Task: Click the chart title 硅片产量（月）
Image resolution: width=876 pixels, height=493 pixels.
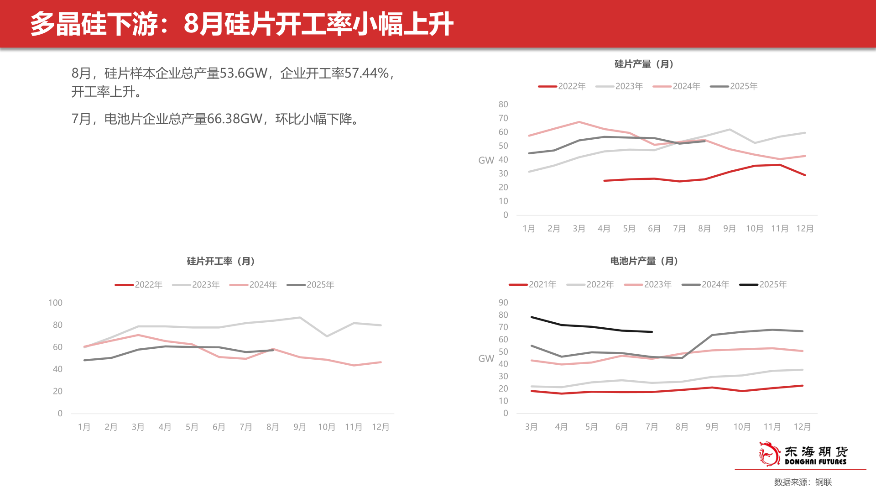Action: pos(644,64)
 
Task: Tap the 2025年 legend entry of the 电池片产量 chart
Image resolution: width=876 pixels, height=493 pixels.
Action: pos(763,284)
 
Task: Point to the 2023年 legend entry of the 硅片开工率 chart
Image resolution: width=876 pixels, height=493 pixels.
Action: pos(196,284)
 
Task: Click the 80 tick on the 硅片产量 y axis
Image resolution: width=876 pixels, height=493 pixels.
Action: pos(503,105)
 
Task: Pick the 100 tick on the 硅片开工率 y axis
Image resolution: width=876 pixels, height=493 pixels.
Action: pos(55,303)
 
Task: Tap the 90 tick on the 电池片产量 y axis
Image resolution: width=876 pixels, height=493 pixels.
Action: pos(503,303)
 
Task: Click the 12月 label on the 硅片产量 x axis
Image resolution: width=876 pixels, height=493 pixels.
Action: pos(804,229)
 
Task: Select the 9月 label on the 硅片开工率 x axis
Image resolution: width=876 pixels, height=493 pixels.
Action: pos(299,427)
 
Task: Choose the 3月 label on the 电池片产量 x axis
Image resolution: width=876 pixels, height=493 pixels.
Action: pos(531,427)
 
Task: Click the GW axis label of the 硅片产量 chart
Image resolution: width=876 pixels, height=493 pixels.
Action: pos(486,160)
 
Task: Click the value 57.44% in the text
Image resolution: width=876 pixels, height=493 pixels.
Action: pos(367,73)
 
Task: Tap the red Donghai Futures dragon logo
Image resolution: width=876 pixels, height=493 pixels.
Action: pos(769,454)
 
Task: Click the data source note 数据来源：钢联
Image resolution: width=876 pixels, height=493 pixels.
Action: pos(803,482)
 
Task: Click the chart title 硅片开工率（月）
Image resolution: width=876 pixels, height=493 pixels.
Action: pos(221,261)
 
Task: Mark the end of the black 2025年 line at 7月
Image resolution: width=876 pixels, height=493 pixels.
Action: pos(652,332)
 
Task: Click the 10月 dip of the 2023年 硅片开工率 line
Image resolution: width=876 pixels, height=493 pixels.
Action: pos(327,336)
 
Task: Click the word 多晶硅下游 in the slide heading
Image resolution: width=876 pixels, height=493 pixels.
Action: pos(94,24)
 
